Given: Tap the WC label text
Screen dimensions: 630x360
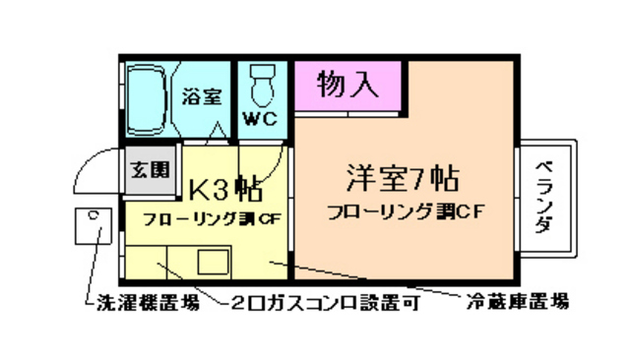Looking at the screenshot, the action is (261, 120).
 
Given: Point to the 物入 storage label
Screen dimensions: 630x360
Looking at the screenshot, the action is (347, 85).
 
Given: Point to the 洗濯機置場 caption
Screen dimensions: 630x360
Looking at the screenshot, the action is (148, 303).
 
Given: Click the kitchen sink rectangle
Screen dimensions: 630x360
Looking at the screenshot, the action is (214, 263).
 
